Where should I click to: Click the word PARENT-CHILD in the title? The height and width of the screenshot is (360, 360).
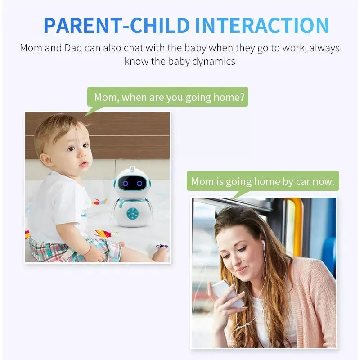click(117, 26)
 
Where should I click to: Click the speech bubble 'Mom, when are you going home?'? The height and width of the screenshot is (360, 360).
click(168, 97)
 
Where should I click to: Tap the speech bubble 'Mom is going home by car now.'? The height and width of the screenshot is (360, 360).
click(263, 181)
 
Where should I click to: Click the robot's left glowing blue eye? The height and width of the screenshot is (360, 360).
click(125, 184)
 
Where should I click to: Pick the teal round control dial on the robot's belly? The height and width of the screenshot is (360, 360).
click(132, 213)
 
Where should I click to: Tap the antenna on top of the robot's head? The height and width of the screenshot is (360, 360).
click(132, 169)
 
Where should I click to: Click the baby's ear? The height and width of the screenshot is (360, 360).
click(46, 160)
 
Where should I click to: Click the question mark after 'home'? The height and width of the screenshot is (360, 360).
click(242, 97)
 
